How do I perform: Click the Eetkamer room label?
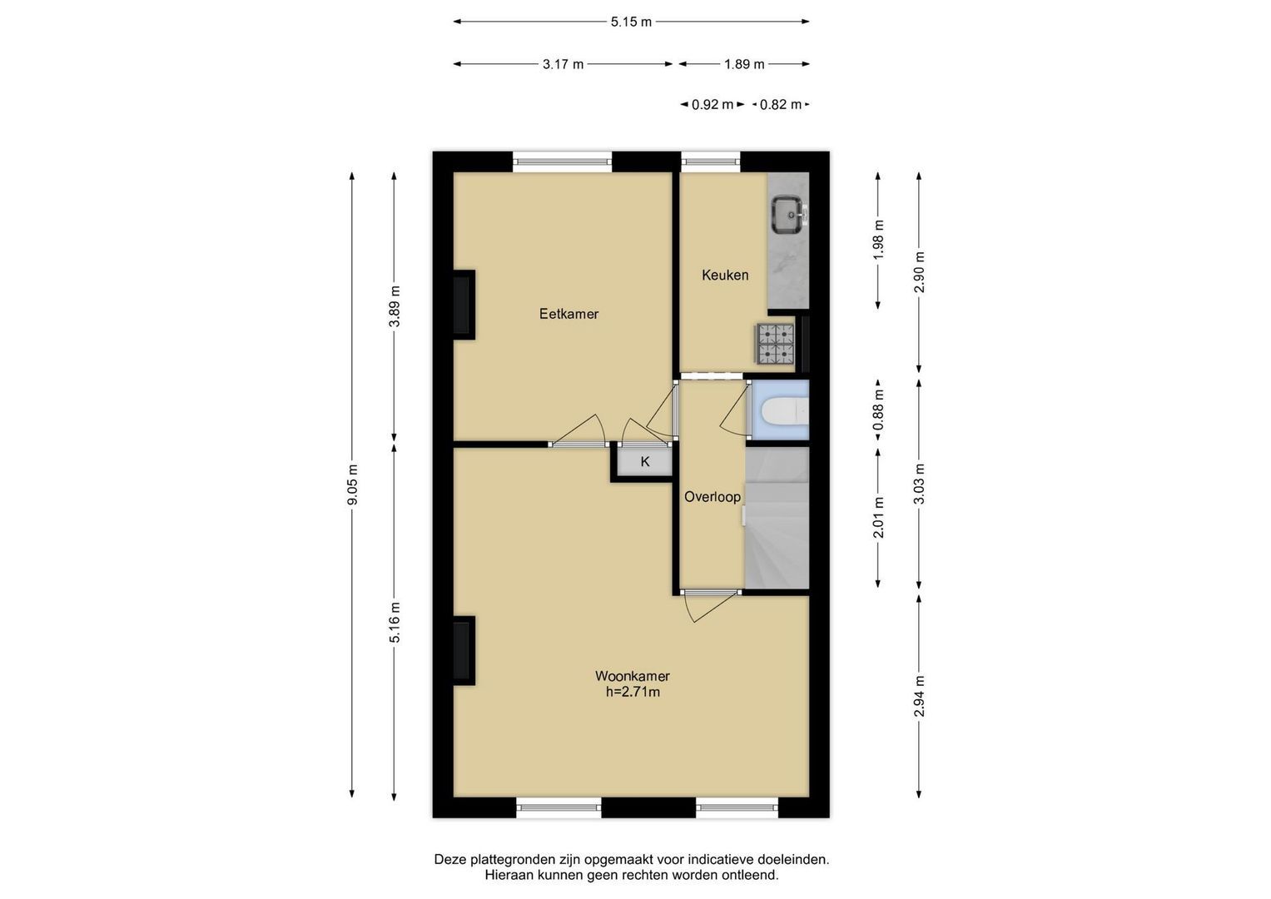tap(568, 314)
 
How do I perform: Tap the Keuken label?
tap(725, 276)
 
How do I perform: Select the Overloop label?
tap(712, 497)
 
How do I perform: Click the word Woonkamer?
tap(632, 676)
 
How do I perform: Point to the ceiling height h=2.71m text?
tap(633, 692)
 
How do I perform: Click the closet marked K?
tap(645, 462)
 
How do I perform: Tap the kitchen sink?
tap(788, 215)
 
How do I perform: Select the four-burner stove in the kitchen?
tap(775, 343)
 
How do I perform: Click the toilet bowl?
tap(785, 411)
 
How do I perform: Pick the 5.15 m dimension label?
tap(631, 22)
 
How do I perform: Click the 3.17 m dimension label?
tap(563, 64)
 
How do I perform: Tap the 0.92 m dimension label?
tap(712, 104)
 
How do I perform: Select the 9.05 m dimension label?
tap(352, 484)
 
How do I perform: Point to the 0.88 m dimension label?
tap(878, 410)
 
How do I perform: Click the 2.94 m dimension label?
tap(919, 697)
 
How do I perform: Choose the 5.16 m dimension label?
tap(395, 623)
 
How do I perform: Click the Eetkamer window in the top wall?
tap(563, 161)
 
